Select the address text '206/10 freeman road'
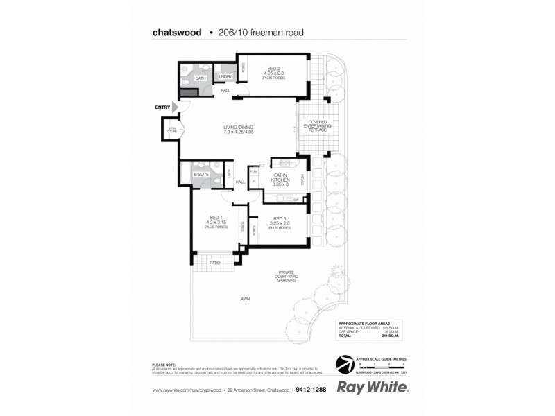tap(257, 31)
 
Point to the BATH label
tap(200, 79)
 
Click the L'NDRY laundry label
tap(225, 76)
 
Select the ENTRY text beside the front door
tap(162, 107)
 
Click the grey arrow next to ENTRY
tap(176, 107)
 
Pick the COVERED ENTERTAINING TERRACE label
tap(318, 125)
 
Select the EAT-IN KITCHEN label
tap(281, 179)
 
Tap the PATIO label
tap(214, 263)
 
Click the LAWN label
tap(243, 299)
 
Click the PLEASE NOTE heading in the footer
tap(162, 364)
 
